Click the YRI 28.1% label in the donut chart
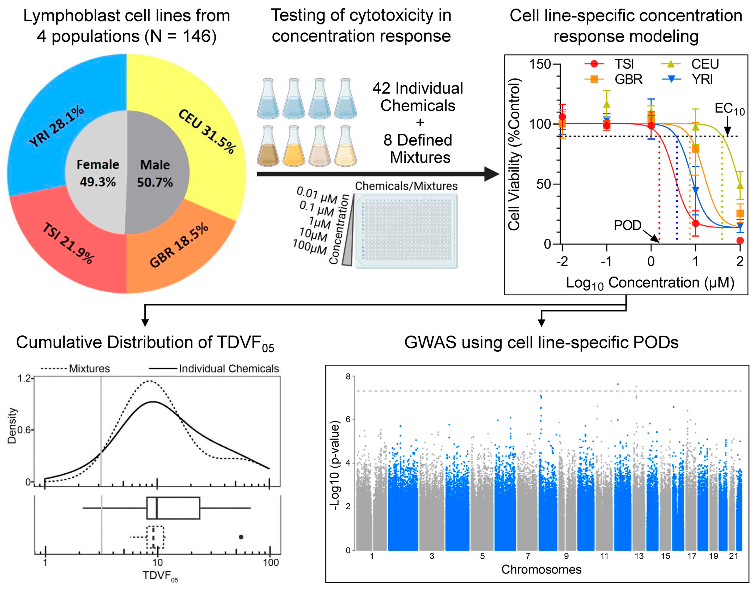tap(56, 126)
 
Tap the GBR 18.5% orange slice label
tap(179, 245)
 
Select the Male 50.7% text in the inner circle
tap(155, 173)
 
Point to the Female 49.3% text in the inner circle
tap(98, 173)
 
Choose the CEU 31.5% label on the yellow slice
tap(207, 131)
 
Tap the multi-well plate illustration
tap(406, 231)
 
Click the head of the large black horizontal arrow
tap(492, 174)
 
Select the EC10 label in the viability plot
tap(729, 109)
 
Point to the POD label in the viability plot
tap(627, 225)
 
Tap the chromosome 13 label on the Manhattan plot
tap(639, 556)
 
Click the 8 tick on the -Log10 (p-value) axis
tap(348, 377)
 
